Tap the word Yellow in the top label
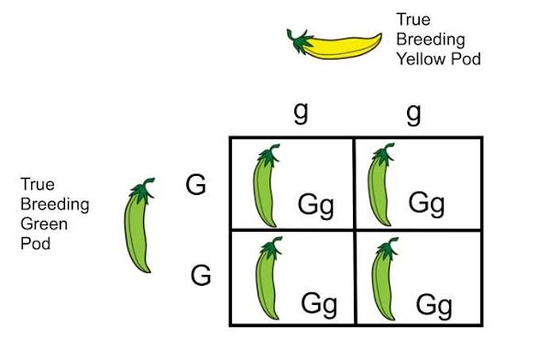point(418,59)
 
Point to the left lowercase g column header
point(299,112)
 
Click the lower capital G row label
point(202,274)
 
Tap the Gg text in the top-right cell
point(426,202)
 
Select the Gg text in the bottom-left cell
point(319,302)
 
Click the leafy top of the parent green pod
point(139,190)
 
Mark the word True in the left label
point(37,185)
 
